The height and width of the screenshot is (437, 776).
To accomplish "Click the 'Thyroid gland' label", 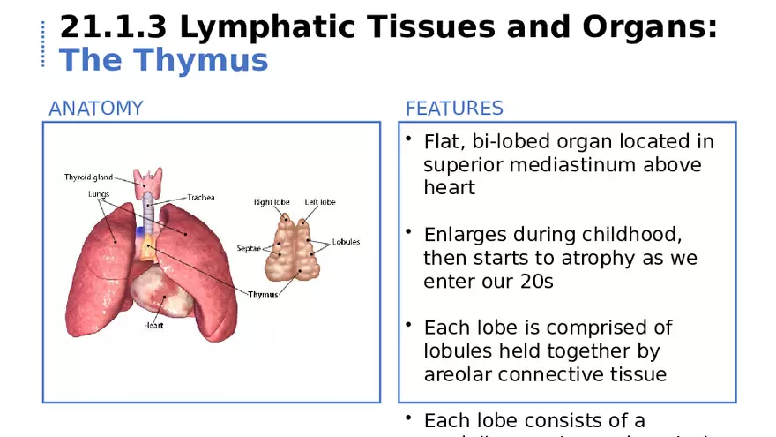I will (89, 177).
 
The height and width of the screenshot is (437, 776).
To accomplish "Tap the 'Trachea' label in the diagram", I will (200, 198).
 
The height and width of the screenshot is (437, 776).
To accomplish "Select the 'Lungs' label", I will (99, 193).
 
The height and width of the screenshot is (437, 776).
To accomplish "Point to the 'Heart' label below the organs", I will (153, 325).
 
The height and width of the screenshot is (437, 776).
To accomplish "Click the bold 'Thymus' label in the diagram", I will (263, 294).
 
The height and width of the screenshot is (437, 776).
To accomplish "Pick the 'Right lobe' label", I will (272, 202).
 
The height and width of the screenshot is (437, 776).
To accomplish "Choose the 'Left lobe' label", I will (320, 202).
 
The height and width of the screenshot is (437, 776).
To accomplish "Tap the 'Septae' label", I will (249, 248).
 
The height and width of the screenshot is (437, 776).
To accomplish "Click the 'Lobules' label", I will (346, 242).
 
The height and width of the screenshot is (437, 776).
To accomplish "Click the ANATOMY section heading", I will (95, 109).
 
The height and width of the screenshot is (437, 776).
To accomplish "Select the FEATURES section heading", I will (454, 109).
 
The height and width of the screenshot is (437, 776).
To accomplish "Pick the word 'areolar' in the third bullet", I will (458, 373).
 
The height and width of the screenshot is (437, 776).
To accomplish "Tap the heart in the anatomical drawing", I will (165, 290).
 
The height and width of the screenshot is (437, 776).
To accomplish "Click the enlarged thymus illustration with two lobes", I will (294, 247).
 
